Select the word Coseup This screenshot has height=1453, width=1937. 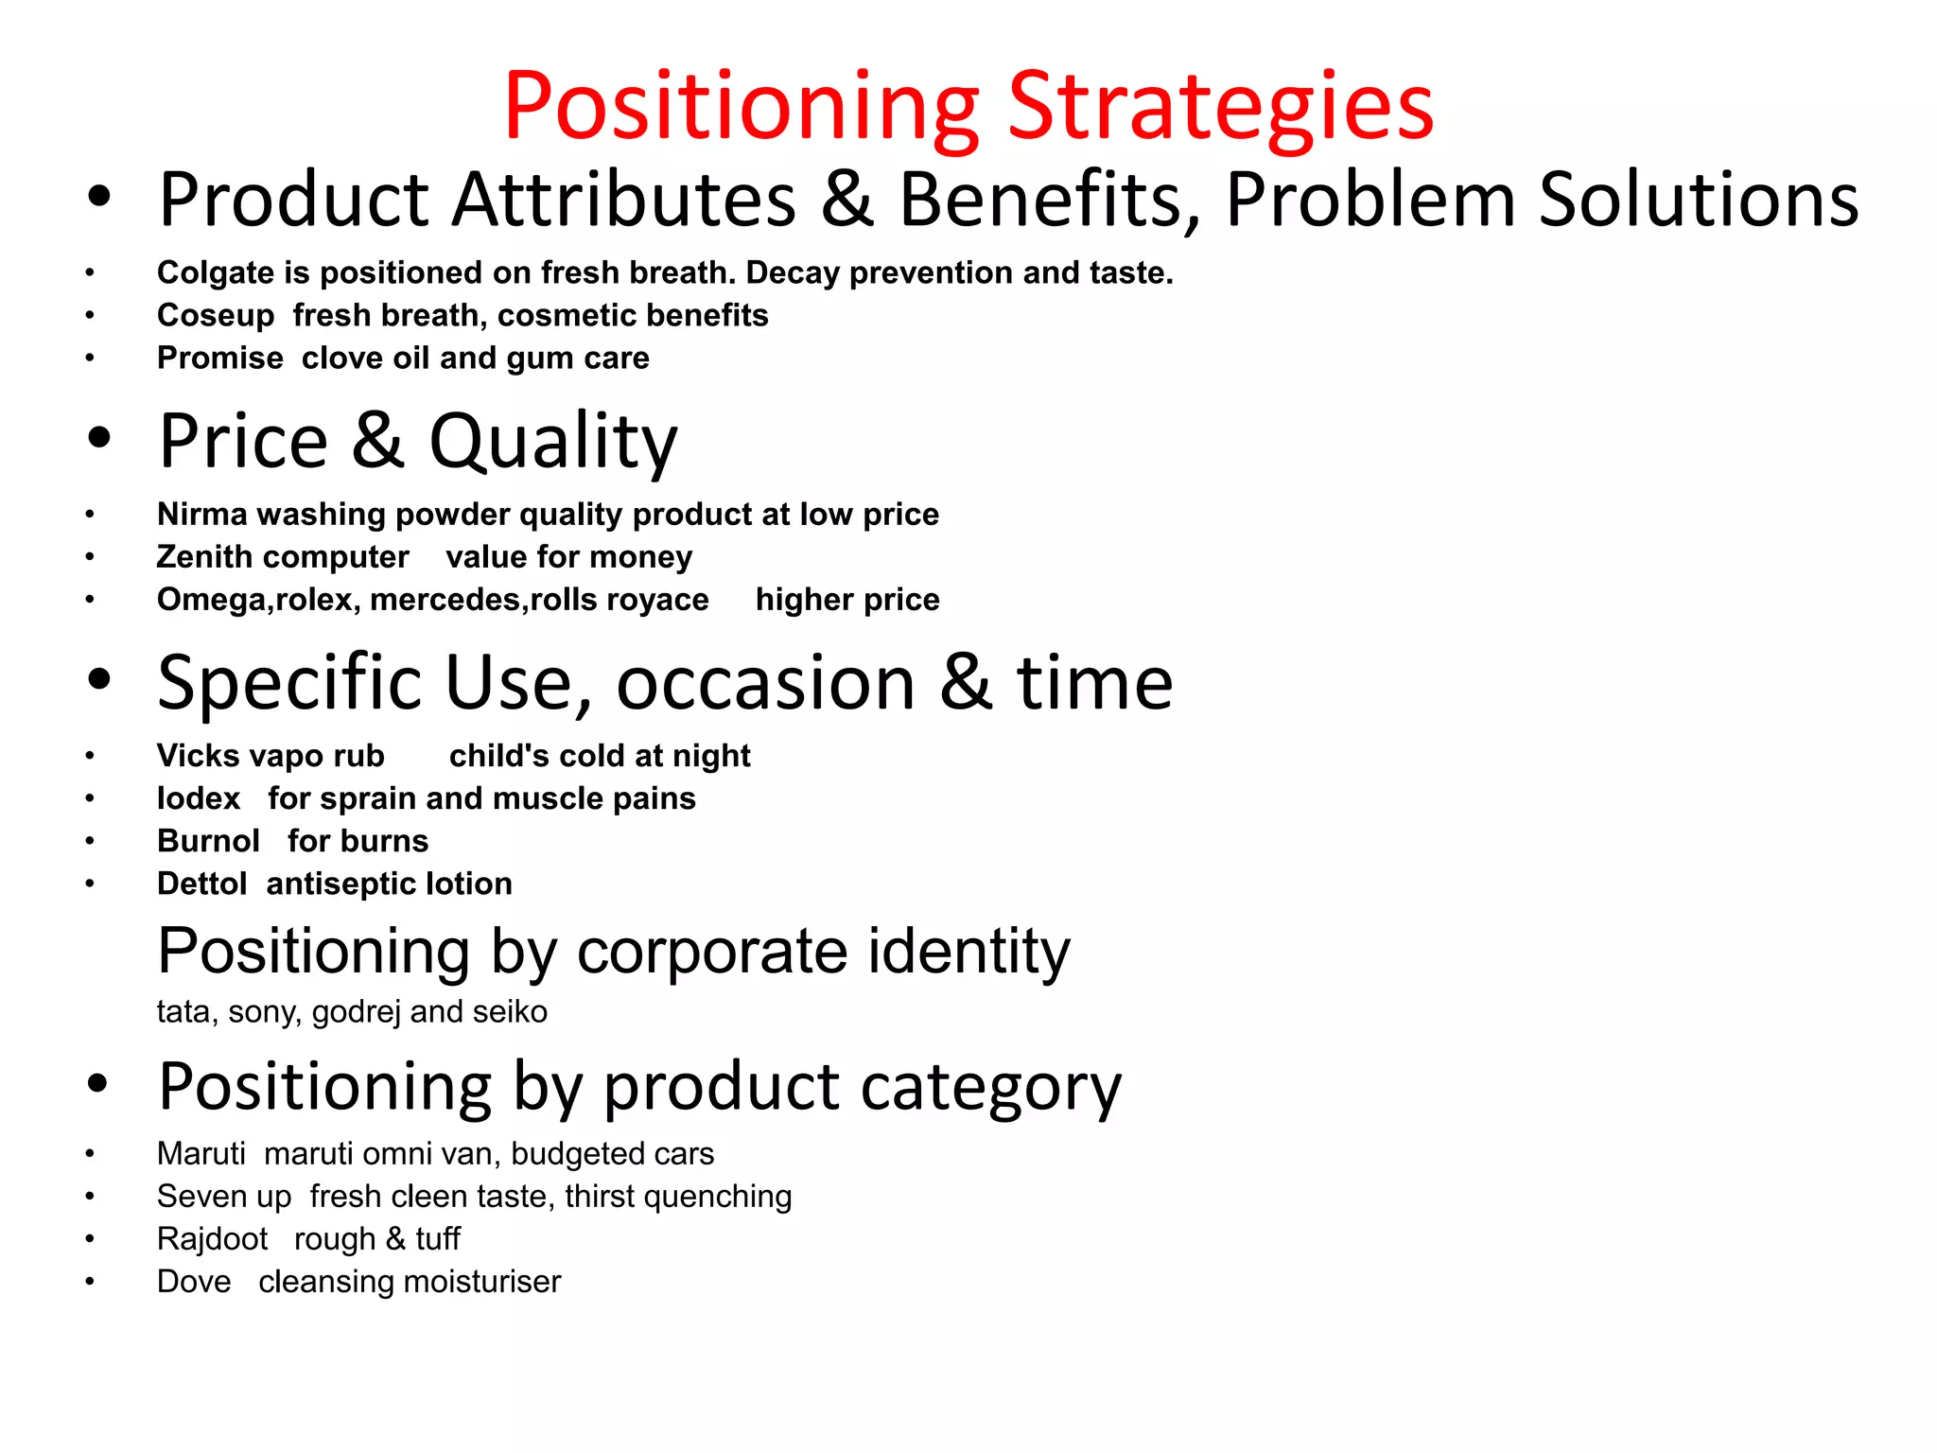[216, 315]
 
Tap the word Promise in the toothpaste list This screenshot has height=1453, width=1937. [219, 358]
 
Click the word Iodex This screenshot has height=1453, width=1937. [199, 798]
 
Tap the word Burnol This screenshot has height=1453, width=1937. [208, 841]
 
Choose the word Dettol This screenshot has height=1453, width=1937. [201, 884]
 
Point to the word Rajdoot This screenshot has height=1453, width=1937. [212, 1238]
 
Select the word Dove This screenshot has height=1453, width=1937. [194, 1281]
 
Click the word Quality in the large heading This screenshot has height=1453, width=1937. [553, 442]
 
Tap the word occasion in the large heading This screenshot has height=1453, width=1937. [765, 682]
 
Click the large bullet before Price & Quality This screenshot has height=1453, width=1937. [99, 438]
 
